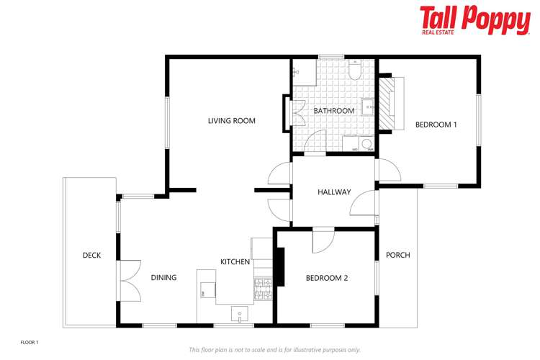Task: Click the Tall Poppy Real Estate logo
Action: [x=474, y=19]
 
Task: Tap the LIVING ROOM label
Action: [x=232, y=121]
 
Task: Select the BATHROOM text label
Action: [x=333, y=111]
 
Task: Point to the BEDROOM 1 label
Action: [x=436, y=125]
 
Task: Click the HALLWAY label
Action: [x=334, y=192]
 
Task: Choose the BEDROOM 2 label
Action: [x=327, y=277]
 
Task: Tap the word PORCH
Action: [x=397, y=255]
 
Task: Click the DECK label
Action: [x=91, y=256]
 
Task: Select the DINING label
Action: [x=163, y=277]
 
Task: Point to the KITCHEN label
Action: [x=235, y=261]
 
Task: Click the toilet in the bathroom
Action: [x=355, y=71]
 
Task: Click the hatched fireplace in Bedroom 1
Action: [x=388, y=102]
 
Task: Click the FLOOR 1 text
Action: [x=29, y=342]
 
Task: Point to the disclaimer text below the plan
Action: [x=274, y=350]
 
